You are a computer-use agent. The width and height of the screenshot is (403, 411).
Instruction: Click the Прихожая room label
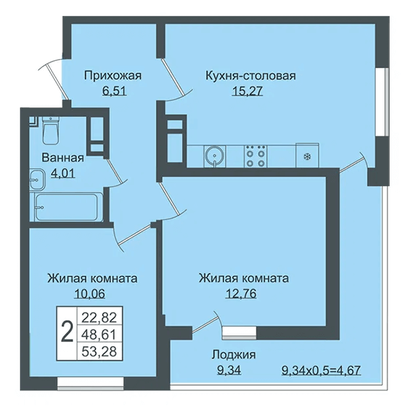[113, 76]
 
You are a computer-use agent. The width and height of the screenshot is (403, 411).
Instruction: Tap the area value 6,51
[115, 91]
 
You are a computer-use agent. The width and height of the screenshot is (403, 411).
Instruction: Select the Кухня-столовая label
[251, 76]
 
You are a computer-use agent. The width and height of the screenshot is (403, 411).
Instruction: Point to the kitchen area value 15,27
[247, 91]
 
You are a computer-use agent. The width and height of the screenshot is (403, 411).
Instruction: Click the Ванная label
[63, 158]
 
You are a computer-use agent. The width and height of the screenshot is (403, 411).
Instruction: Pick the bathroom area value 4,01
[63, 173]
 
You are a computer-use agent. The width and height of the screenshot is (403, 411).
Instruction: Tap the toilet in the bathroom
[50, 131]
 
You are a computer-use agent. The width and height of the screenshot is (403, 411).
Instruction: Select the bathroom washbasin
[37, 180]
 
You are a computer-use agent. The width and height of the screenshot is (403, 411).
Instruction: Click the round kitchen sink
[215, 156]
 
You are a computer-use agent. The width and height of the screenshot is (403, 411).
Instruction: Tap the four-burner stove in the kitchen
[256, 156]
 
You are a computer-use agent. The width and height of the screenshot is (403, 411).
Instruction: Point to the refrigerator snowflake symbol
[307, 157]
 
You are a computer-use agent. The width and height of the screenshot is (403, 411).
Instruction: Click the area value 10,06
[90, 294]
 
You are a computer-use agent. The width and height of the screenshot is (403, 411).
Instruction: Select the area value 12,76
[241, 294]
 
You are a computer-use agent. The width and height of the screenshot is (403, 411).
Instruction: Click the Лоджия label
[234, 355]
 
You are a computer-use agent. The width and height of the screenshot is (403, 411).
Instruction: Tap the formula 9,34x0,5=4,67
[321, 371]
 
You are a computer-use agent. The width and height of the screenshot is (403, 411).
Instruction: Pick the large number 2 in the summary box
[67, 332]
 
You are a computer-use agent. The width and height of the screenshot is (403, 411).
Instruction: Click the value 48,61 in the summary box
[99, 335]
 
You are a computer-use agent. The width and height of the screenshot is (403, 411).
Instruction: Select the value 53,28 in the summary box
[99, 351]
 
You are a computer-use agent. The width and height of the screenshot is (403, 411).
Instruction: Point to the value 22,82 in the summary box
[99, 318]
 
